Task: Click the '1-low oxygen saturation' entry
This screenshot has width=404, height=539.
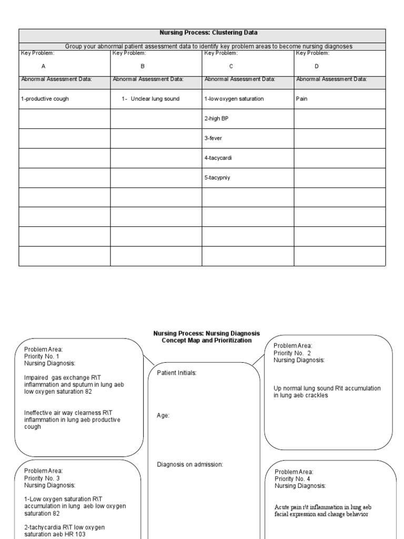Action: click(x=234, y=99)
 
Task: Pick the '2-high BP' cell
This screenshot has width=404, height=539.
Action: click(x=216, y=118)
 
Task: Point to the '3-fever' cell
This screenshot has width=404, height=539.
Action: click(x=214, y=138)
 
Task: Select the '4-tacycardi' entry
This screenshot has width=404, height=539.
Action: click(x=218, y=158)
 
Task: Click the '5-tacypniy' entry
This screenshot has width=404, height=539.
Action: click(x=217, y=178)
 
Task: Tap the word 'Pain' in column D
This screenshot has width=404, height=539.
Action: click(x=302, y=99)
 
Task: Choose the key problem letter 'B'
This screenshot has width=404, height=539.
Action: click(x=142, y=66)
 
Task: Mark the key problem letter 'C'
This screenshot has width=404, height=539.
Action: click(x=231, y=66)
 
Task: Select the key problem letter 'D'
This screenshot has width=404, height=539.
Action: click(x=316, y=66)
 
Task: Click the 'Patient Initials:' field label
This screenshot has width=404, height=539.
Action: click(x=177, y=373)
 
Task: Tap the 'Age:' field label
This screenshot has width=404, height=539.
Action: click(x=163, y=415)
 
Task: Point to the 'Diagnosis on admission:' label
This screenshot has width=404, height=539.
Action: click(x=190, y=464)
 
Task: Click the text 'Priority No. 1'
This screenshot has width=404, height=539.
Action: click(x=42, y=356)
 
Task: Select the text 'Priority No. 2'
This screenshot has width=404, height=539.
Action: click(x=292, y=353)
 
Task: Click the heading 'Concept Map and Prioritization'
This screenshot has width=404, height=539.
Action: click(x=207, y=341)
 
